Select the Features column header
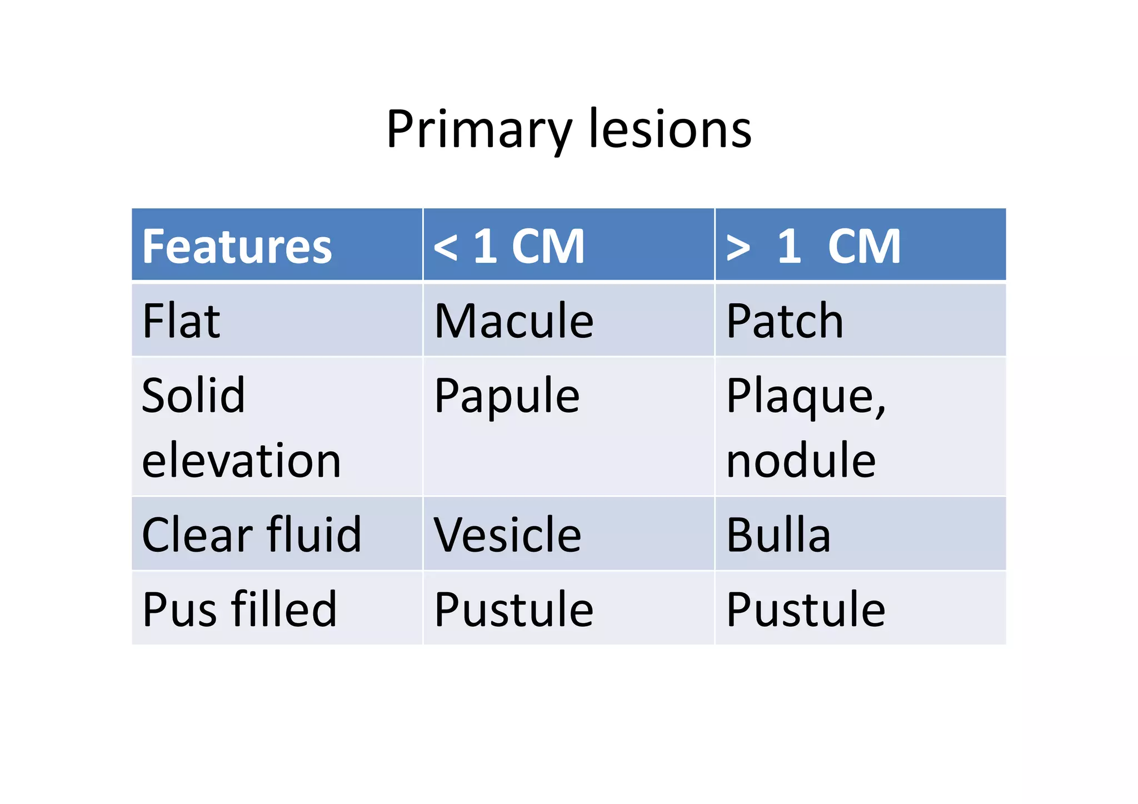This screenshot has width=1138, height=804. (237, 247)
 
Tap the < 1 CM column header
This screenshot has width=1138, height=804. (509, 247)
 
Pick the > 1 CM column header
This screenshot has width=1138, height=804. (813, 247)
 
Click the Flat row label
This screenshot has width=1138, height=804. (181, 321)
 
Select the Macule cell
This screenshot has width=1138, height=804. (513, 321)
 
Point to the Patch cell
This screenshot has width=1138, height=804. (785, 321)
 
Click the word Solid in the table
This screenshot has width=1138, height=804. (193, 395)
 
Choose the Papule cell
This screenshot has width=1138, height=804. (507, 396)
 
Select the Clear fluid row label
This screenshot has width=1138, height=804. (251, 535)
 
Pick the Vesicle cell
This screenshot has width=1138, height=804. (507, 535)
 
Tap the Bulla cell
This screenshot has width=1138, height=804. (778, 535)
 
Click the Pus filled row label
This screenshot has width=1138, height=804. (239, 609)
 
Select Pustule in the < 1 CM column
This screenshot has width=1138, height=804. (513, 609)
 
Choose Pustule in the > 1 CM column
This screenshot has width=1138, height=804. (805, 609)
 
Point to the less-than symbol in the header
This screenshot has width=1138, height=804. (446, 248)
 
